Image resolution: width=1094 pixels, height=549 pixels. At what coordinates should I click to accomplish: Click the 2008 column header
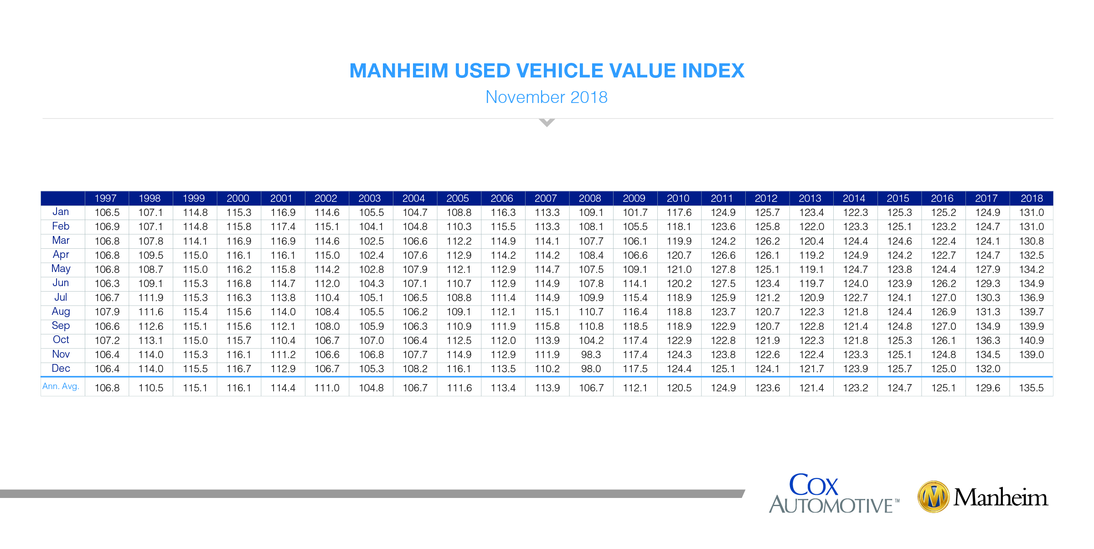point(590,198)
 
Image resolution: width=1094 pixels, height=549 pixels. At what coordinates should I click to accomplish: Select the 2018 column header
point(1032,198)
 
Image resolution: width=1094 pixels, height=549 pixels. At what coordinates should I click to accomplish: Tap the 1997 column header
point(105,198)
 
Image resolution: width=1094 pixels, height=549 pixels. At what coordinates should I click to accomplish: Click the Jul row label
point(61,298)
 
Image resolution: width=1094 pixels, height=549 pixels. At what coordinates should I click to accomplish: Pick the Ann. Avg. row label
point(61,386)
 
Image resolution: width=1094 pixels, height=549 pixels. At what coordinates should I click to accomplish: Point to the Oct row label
point(61,340)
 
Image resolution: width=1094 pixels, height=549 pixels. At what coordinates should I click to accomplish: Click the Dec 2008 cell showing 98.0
point(591,369)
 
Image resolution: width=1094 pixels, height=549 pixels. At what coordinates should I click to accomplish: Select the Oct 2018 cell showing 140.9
point(1032,340)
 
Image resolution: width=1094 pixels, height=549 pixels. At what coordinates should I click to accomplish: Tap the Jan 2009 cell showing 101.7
point(635,213)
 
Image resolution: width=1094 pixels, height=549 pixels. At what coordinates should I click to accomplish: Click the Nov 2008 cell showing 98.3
point(591,354)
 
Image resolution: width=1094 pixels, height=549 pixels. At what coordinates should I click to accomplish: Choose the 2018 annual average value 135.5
point(1032,388)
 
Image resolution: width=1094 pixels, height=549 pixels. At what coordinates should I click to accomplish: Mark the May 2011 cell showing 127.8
point(723,270)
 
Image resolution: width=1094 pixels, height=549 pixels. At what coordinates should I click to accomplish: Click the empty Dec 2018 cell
point(1032,369)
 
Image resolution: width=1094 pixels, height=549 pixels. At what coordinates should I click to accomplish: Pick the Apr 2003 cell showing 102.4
point(371,256)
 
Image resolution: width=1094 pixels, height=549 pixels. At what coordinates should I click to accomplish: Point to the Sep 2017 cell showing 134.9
point(987,326)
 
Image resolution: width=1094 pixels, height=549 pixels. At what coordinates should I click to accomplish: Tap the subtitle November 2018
point(547,97)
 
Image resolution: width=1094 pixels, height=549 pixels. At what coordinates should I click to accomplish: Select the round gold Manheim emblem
point(933,497)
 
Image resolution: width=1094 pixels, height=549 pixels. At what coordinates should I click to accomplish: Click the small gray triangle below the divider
point(547,122)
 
